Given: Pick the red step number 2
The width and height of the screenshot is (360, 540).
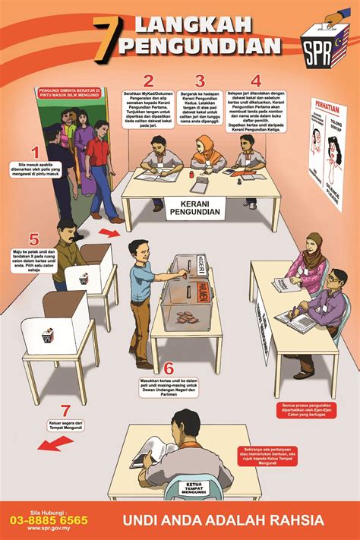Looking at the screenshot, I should [x=148, y=81].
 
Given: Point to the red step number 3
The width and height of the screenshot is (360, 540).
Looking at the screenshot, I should [x=200, y=81].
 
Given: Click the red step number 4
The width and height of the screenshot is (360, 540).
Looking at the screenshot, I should [x=256, y=81].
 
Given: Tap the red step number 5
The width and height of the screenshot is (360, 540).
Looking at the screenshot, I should [x=33, y=240].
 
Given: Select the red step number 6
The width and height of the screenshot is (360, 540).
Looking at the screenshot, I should [x=169, y=369].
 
